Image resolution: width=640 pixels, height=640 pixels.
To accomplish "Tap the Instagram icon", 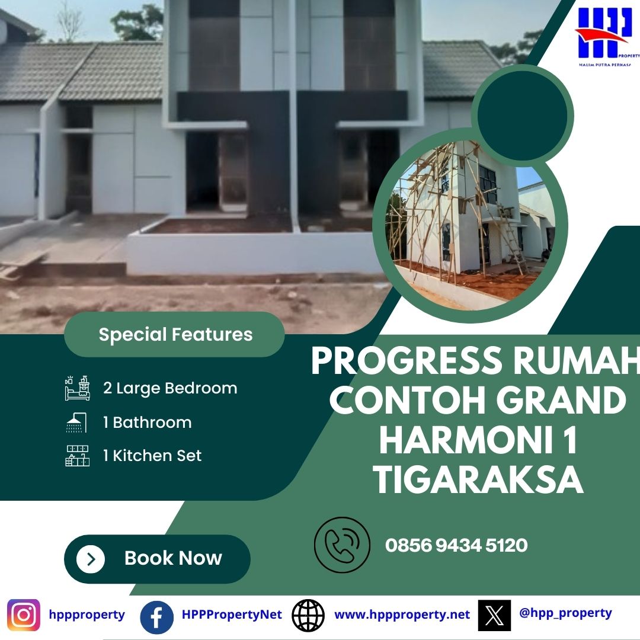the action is [24, 615].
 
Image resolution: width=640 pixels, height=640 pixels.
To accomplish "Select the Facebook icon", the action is [156, 617].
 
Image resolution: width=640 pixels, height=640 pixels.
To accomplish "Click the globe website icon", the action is [308, 615].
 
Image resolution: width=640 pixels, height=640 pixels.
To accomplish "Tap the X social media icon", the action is [494, 615].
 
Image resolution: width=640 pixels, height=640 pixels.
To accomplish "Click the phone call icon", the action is [342, 545].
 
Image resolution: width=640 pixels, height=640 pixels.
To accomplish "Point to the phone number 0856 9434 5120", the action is [456, 545].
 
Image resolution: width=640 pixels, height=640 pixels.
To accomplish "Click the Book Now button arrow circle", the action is [91, 559].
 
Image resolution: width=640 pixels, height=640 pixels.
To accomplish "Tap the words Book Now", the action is [173, 558].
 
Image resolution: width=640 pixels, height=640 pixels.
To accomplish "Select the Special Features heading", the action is [175, 335].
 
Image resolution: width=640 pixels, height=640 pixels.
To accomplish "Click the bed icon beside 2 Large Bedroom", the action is [78, 388].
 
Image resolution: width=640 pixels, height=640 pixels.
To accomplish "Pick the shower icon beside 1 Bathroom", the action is [76, 423].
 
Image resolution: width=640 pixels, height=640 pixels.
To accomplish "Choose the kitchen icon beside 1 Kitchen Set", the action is [78, 456].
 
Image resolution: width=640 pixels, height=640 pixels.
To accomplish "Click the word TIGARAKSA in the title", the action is [478, 480].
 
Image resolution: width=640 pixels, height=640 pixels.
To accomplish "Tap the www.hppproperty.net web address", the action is [402, 615].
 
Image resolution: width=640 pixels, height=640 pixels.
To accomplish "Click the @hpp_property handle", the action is [565, 613].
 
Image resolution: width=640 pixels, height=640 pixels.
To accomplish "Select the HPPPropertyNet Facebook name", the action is [232, 615].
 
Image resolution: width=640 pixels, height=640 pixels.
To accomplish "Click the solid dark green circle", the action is [523, 116].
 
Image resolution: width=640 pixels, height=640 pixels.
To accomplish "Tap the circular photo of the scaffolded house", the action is [470, 225].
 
